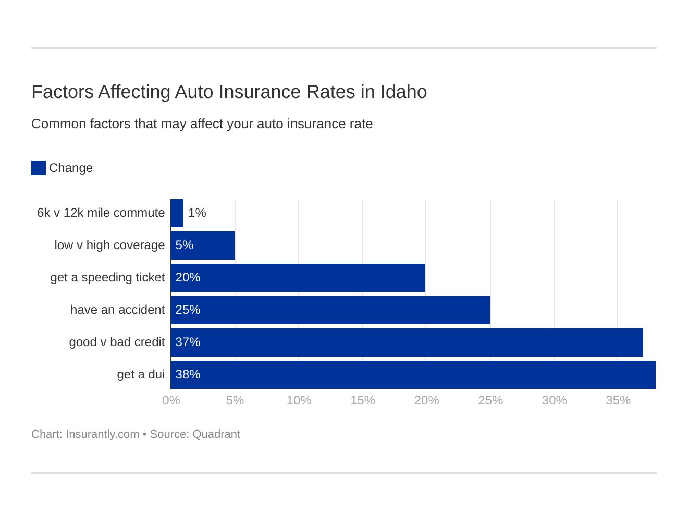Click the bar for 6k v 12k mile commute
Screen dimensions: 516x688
177,213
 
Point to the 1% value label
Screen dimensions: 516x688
197,213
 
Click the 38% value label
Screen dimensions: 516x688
188,374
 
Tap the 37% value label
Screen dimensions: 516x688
188,342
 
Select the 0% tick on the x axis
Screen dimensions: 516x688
171,400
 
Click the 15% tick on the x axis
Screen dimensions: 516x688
362,400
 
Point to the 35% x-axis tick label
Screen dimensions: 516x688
618,400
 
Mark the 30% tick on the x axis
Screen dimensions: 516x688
554,400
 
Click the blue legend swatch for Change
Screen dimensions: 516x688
39,168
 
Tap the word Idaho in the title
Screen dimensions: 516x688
403,92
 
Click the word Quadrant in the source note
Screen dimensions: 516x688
216,434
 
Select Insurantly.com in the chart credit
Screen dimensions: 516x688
102,434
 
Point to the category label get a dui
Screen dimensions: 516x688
141,374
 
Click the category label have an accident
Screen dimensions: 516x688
117,310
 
